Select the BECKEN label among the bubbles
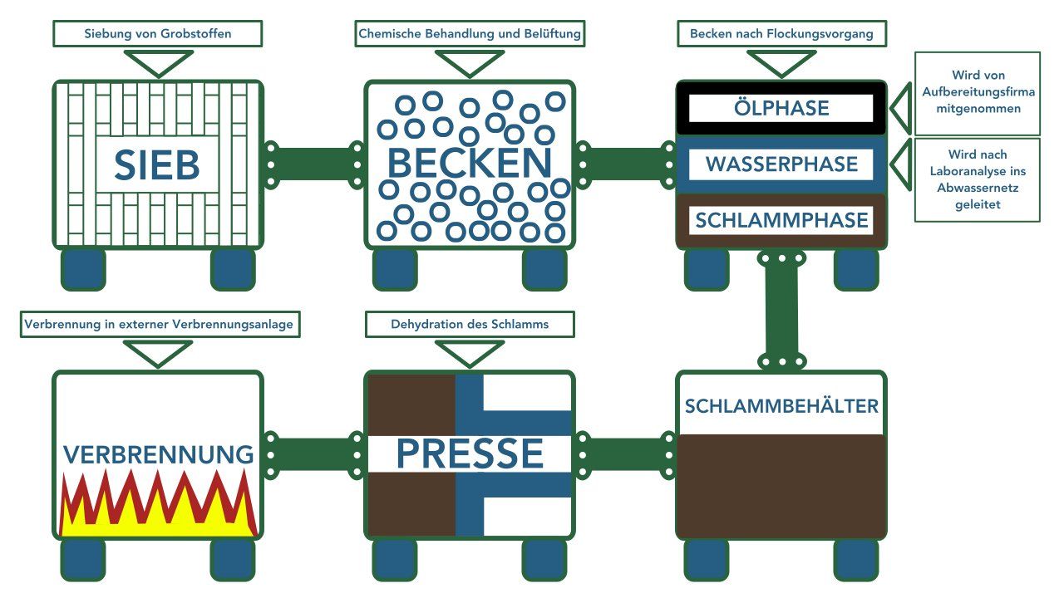click(470, 164)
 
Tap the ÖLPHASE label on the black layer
click(781, 108)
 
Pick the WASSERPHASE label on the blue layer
click(781, 164)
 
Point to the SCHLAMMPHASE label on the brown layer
click(781, 221)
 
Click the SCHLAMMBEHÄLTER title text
click(781, 406)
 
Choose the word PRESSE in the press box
click(470, 453)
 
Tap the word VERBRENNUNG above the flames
click(158, 454)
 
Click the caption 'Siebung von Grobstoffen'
click(158, 34)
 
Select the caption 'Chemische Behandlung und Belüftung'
click(470, 34)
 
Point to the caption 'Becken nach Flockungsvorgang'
click(781, 34)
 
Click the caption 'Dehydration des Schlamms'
click(470, 324)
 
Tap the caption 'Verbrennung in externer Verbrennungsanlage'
click(159, 324)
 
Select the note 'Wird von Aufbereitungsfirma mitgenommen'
click(978, 92)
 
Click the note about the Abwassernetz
click(978, 179)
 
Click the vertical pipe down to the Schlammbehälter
click(781, 309)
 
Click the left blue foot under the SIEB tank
click(83, 268)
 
